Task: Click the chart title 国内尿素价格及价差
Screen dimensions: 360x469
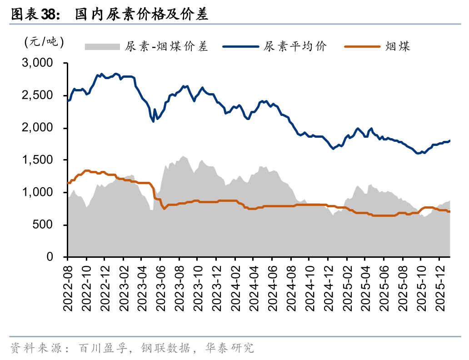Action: tap(141, 15)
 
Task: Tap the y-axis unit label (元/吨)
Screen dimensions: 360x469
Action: tap(44, 42)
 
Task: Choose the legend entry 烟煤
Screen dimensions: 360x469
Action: tap(398, 46)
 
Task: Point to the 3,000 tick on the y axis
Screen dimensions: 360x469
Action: tap(38, 63)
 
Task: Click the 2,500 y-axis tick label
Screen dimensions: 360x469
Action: tap(38, 95)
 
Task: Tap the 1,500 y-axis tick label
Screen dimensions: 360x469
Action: tap(38, 160)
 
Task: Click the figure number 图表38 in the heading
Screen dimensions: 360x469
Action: tap(32, 15)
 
